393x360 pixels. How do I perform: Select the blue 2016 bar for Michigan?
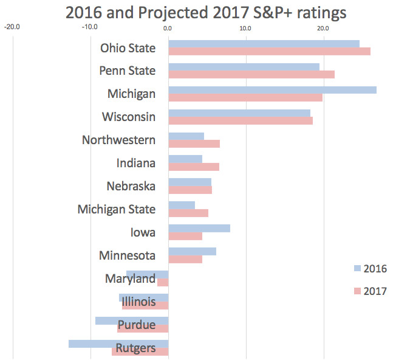point(272,90)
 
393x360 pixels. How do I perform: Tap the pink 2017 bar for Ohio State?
point(269,51)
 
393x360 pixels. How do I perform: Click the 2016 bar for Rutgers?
point(118,344)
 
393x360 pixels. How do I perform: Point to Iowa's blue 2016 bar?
point(199,228)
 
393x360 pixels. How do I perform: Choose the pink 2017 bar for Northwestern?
point(194,144)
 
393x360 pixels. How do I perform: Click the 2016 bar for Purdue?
point(132,320)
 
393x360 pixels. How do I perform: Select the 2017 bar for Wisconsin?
point(241,120)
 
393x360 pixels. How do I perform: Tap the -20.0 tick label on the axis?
point(12,27)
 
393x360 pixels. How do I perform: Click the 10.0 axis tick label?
point(245,27)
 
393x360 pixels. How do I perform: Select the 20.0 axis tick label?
point(323,27)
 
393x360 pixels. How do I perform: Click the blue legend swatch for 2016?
point(357,268)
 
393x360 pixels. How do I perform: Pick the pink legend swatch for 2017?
point(357,291)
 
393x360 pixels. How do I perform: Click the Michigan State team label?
point(117,209)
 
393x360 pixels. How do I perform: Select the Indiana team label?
point(136,163)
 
